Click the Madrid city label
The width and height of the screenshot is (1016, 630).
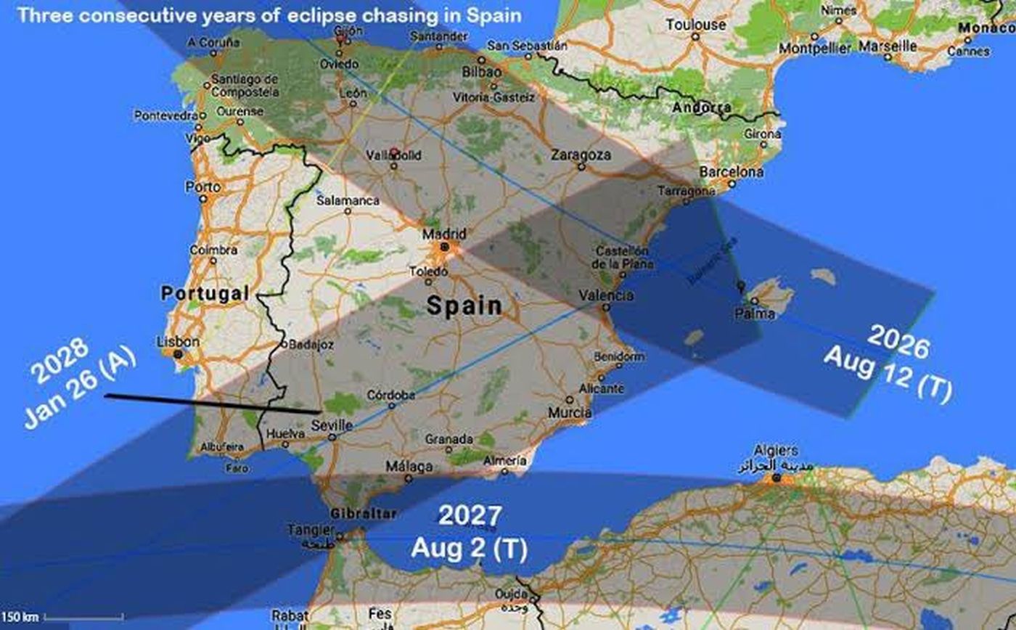[443, 234]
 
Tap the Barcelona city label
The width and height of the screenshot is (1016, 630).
[731, 172]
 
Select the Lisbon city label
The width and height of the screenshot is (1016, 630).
[178, 341]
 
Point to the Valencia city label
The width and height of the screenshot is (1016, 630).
[606, 295]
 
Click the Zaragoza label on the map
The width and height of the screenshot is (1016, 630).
[581, 155]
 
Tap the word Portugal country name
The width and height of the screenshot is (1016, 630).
[205, 293]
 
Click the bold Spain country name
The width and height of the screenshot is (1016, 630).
[464, 305]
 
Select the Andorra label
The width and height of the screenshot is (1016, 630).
[702, 108]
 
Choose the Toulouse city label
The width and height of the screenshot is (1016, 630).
[696, 25]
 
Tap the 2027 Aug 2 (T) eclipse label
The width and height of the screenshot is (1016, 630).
[469, 533]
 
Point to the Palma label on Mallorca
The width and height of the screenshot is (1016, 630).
[755, 314]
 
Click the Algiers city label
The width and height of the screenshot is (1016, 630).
[776, 450]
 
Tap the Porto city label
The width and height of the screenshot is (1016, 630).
[203, 187]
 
